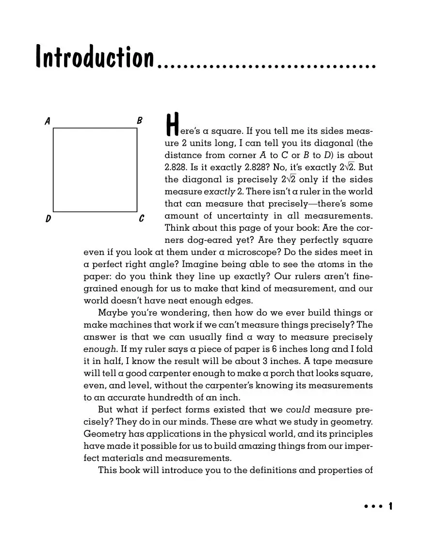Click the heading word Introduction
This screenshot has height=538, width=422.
(95, 58)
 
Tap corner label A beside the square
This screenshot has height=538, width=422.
(48, 121)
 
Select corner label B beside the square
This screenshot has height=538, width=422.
(140, 121)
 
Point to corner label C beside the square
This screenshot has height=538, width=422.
(141, 219)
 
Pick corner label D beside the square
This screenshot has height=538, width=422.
(49, 219)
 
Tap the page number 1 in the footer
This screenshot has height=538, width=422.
(390, 506)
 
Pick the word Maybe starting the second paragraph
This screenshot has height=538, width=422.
(112, 313)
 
